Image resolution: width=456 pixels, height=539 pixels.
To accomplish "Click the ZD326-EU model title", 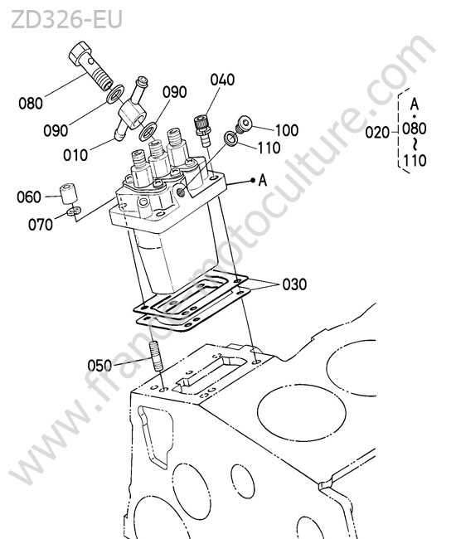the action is [66, 20].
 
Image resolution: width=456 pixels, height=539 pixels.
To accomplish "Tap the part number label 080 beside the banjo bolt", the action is [31, 104].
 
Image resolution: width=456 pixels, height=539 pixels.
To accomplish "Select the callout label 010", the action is [75, 155].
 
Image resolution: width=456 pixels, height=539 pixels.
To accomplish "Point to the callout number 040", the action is [222, 80].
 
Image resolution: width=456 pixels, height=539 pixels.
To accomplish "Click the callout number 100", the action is [287, 131].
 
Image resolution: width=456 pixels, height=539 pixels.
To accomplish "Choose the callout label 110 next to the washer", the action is [269, 148].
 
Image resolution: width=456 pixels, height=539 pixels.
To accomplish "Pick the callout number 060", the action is [29, 197].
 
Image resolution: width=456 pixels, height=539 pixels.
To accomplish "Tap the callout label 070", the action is [41, 225].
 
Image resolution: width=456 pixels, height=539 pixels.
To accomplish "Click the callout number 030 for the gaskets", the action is [294, 284].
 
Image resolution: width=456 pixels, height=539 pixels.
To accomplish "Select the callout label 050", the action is [99, 366].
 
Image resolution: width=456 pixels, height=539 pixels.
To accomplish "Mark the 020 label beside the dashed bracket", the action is [377, 133].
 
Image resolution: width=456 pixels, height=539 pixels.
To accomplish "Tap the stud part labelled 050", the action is [157, 356].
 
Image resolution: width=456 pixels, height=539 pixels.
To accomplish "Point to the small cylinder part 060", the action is [68, 195].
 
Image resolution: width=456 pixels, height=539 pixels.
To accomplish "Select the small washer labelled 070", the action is [74, 211].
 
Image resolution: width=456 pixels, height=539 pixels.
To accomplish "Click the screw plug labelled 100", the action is [243, 124].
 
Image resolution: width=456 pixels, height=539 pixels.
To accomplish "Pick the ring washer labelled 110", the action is [230, 138].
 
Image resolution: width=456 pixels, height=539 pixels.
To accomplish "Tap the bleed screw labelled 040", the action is [202, 131].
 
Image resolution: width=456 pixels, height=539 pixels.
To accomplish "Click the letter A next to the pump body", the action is [263, 180].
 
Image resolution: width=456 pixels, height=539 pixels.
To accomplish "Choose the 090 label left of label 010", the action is [56, 131].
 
